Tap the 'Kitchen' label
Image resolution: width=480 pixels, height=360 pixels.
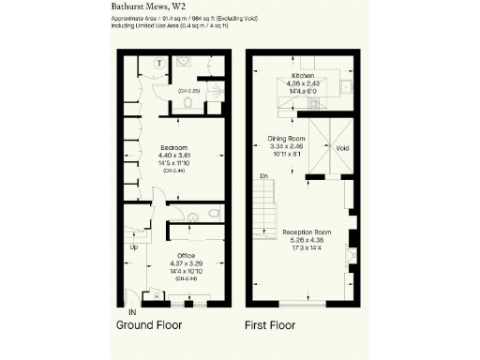click(x=303, y=75)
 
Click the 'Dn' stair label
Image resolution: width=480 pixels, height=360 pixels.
click(x=264, y=175)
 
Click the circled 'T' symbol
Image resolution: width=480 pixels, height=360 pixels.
click(x=160, y=63)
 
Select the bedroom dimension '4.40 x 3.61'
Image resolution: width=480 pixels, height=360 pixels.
click(x=175, y=157)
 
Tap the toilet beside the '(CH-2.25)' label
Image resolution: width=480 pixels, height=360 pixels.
click(x=188, y=104)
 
